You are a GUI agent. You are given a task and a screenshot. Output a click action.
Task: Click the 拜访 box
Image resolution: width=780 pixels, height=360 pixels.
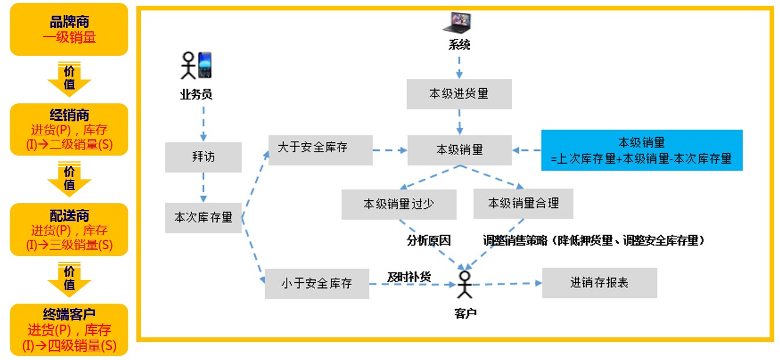pyautogui.click(x=203, y=157)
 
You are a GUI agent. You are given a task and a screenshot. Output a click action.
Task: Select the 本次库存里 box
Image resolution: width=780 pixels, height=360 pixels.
pyautogui.click(x=203, y=218)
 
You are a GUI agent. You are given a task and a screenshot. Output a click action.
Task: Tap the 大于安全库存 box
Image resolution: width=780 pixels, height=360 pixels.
pyautogui.click(x=319, y=149)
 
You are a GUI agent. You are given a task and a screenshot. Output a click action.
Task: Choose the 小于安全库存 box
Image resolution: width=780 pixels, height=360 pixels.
pyautogui.click(x=317, y=284)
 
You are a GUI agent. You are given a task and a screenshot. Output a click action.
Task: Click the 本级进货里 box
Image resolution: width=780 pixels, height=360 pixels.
pyautogui.click(x=459, y=94)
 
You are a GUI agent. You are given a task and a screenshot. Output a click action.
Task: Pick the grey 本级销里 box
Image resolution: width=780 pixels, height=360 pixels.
pyautogui.click(x=459, y=150)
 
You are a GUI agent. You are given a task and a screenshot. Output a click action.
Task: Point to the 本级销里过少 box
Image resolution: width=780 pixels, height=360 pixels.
pyautogui.click(x=399, y=204)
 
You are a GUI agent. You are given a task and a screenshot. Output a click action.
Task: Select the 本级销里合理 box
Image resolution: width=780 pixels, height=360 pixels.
pyautogui.click(x=523, y=204)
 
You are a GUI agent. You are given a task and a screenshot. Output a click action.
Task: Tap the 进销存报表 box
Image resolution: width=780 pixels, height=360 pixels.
pyautogui.click(x=599, y=283)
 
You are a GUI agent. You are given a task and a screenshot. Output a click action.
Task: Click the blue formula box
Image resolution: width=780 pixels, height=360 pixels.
pyautogui.click(x=641, y=150)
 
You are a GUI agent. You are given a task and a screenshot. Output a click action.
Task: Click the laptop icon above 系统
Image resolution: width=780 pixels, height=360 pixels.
pyautogui.click(x=458, y=23)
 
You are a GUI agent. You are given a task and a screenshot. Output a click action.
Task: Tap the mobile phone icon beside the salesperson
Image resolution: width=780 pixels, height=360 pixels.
pyautogui.click(x=204, y=65)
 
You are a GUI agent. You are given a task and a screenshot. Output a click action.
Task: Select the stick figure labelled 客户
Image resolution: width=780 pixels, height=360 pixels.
pyautogui.click(x=464, y=285)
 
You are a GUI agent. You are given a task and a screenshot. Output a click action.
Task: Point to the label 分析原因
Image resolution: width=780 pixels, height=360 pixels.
pyautogui.click(x=428, y=240)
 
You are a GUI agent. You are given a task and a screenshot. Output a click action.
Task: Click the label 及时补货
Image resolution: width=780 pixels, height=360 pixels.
pyautogui.click(x=409, y=277)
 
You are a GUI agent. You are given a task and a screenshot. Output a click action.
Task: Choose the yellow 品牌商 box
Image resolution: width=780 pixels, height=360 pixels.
pyautogui.click(x=69, y=30)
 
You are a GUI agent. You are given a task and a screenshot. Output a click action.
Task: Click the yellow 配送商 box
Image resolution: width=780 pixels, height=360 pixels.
pyautogui.click(x=69, y=230)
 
